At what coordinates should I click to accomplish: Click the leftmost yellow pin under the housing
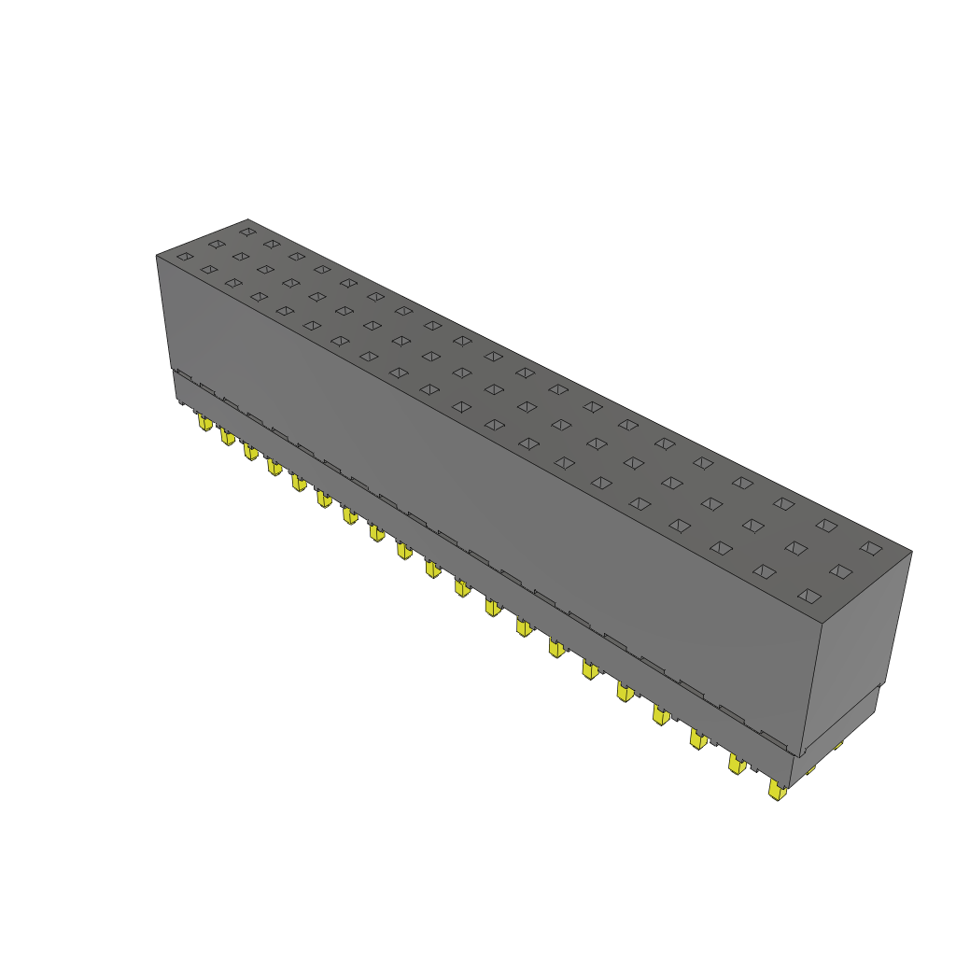click(x=204, y=423)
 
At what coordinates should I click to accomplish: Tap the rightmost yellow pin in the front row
click(x=776, y=790)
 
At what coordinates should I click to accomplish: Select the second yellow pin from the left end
click(x=227, y=436)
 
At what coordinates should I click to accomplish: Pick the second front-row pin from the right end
click(x=738, y=765)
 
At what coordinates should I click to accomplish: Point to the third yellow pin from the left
click(x=250, y=452)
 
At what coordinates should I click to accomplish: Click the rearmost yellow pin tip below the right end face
click(x=838, y=744)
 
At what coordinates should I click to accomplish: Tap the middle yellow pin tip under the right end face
click(x=810, y=768)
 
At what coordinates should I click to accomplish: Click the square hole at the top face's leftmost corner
click(x=185, y=256)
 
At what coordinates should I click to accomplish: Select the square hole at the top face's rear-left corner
click(x=246, y=231)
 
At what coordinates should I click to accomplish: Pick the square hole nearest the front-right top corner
click(x=809, y=595)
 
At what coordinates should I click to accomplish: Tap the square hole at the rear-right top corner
click(x=870, y=548)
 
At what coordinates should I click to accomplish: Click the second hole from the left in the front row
click(x=209, y=269)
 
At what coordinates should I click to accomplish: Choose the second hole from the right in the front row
click(x=765, y=570)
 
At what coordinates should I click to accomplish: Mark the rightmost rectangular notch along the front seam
click(x=774, y=738)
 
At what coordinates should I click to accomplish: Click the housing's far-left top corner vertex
click(x=156, y=256)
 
